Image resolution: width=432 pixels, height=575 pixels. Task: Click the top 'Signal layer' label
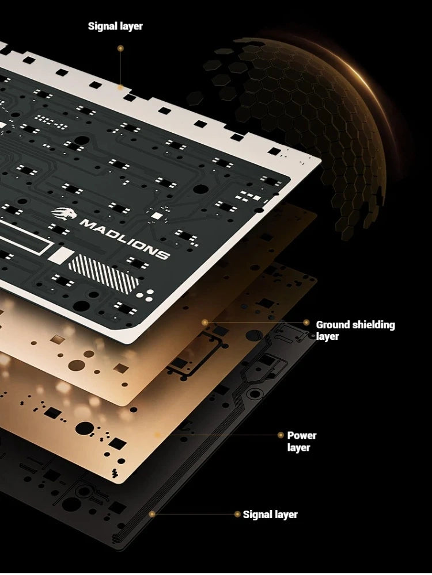click(115, 26)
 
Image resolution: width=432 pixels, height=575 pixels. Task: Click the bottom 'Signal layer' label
click(270, 515)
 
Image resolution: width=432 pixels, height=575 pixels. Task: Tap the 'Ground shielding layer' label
click(355, 331)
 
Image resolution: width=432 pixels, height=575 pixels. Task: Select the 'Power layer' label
click(302, 441)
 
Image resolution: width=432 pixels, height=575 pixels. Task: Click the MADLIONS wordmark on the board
click(124, 239)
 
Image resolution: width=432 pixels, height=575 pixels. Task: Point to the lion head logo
click(64, 213)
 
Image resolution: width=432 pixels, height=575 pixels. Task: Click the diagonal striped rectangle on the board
click(104, 275)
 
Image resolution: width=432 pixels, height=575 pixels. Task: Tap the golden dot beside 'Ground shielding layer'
click(306, 323)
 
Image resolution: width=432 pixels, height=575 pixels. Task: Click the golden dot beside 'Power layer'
click(281, 435)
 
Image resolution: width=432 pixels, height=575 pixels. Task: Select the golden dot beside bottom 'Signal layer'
click(237, 514)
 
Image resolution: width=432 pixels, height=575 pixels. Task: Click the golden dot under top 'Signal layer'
click(120, 48)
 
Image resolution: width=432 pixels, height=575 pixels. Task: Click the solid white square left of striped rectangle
click(60, 255)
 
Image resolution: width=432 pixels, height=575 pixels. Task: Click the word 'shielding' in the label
click(370, 325)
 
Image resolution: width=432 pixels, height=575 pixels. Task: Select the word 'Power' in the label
click(302, 436)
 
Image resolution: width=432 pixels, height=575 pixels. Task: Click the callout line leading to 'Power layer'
click(218, 435)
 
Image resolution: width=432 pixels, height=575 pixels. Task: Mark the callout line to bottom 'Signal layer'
click(194, 514)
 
